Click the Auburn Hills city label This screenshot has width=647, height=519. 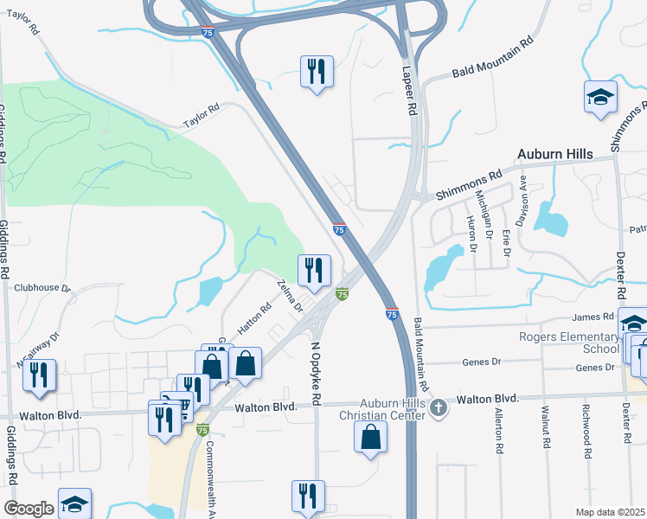[x=554, y=155]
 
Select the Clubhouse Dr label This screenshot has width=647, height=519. [x=41, y=288]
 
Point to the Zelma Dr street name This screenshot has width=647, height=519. [x=290, y=296]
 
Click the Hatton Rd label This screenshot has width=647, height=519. [x=254, y=319]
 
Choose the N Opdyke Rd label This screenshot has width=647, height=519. [x=316, y=374]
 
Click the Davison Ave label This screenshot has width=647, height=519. [x=522, y=204]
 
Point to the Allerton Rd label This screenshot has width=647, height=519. [x=499, y=430]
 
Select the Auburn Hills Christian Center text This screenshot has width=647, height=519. [x=381, y=408]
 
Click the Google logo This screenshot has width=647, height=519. [x=29, y=509]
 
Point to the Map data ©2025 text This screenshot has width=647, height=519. [x=611, y=512]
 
